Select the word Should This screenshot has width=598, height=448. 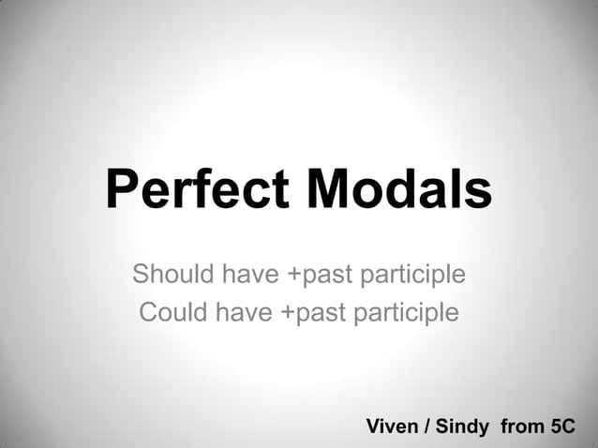pos(172,275)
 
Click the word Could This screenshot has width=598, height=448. pos(173,310)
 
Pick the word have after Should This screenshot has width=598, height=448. pos(248,275)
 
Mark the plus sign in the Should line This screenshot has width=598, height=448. pos(289,276)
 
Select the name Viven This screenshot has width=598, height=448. pos(391,426)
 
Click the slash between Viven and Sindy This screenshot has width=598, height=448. pos(427,426)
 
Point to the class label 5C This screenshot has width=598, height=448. pos(562,426)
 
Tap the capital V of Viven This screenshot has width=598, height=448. pos(372,426)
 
